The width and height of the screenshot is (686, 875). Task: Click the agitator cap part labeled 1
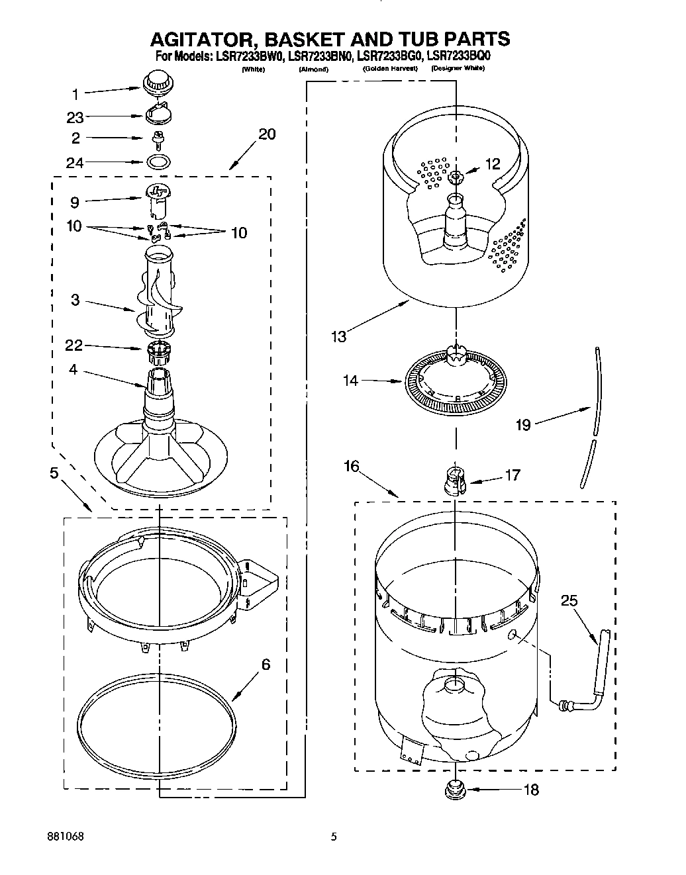[158, 83]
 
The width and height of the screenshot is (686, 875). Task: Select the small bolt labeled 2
[158, 138]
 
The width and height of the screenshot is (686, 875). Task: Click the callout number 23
[75, 117]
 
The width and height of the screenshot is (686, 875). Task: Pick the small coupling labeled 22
[158, 350]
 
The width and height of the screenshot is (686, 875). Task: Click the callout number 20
[267, 134]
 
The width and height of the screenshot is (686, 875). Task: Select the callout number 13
[338, 336]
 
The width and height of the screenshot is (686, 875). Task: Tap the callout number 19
[523, 424]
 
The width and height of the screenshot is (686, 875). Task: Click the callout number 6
[266, 665]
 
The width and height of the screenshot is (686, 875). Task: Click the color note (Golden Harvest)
[390, 69]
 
